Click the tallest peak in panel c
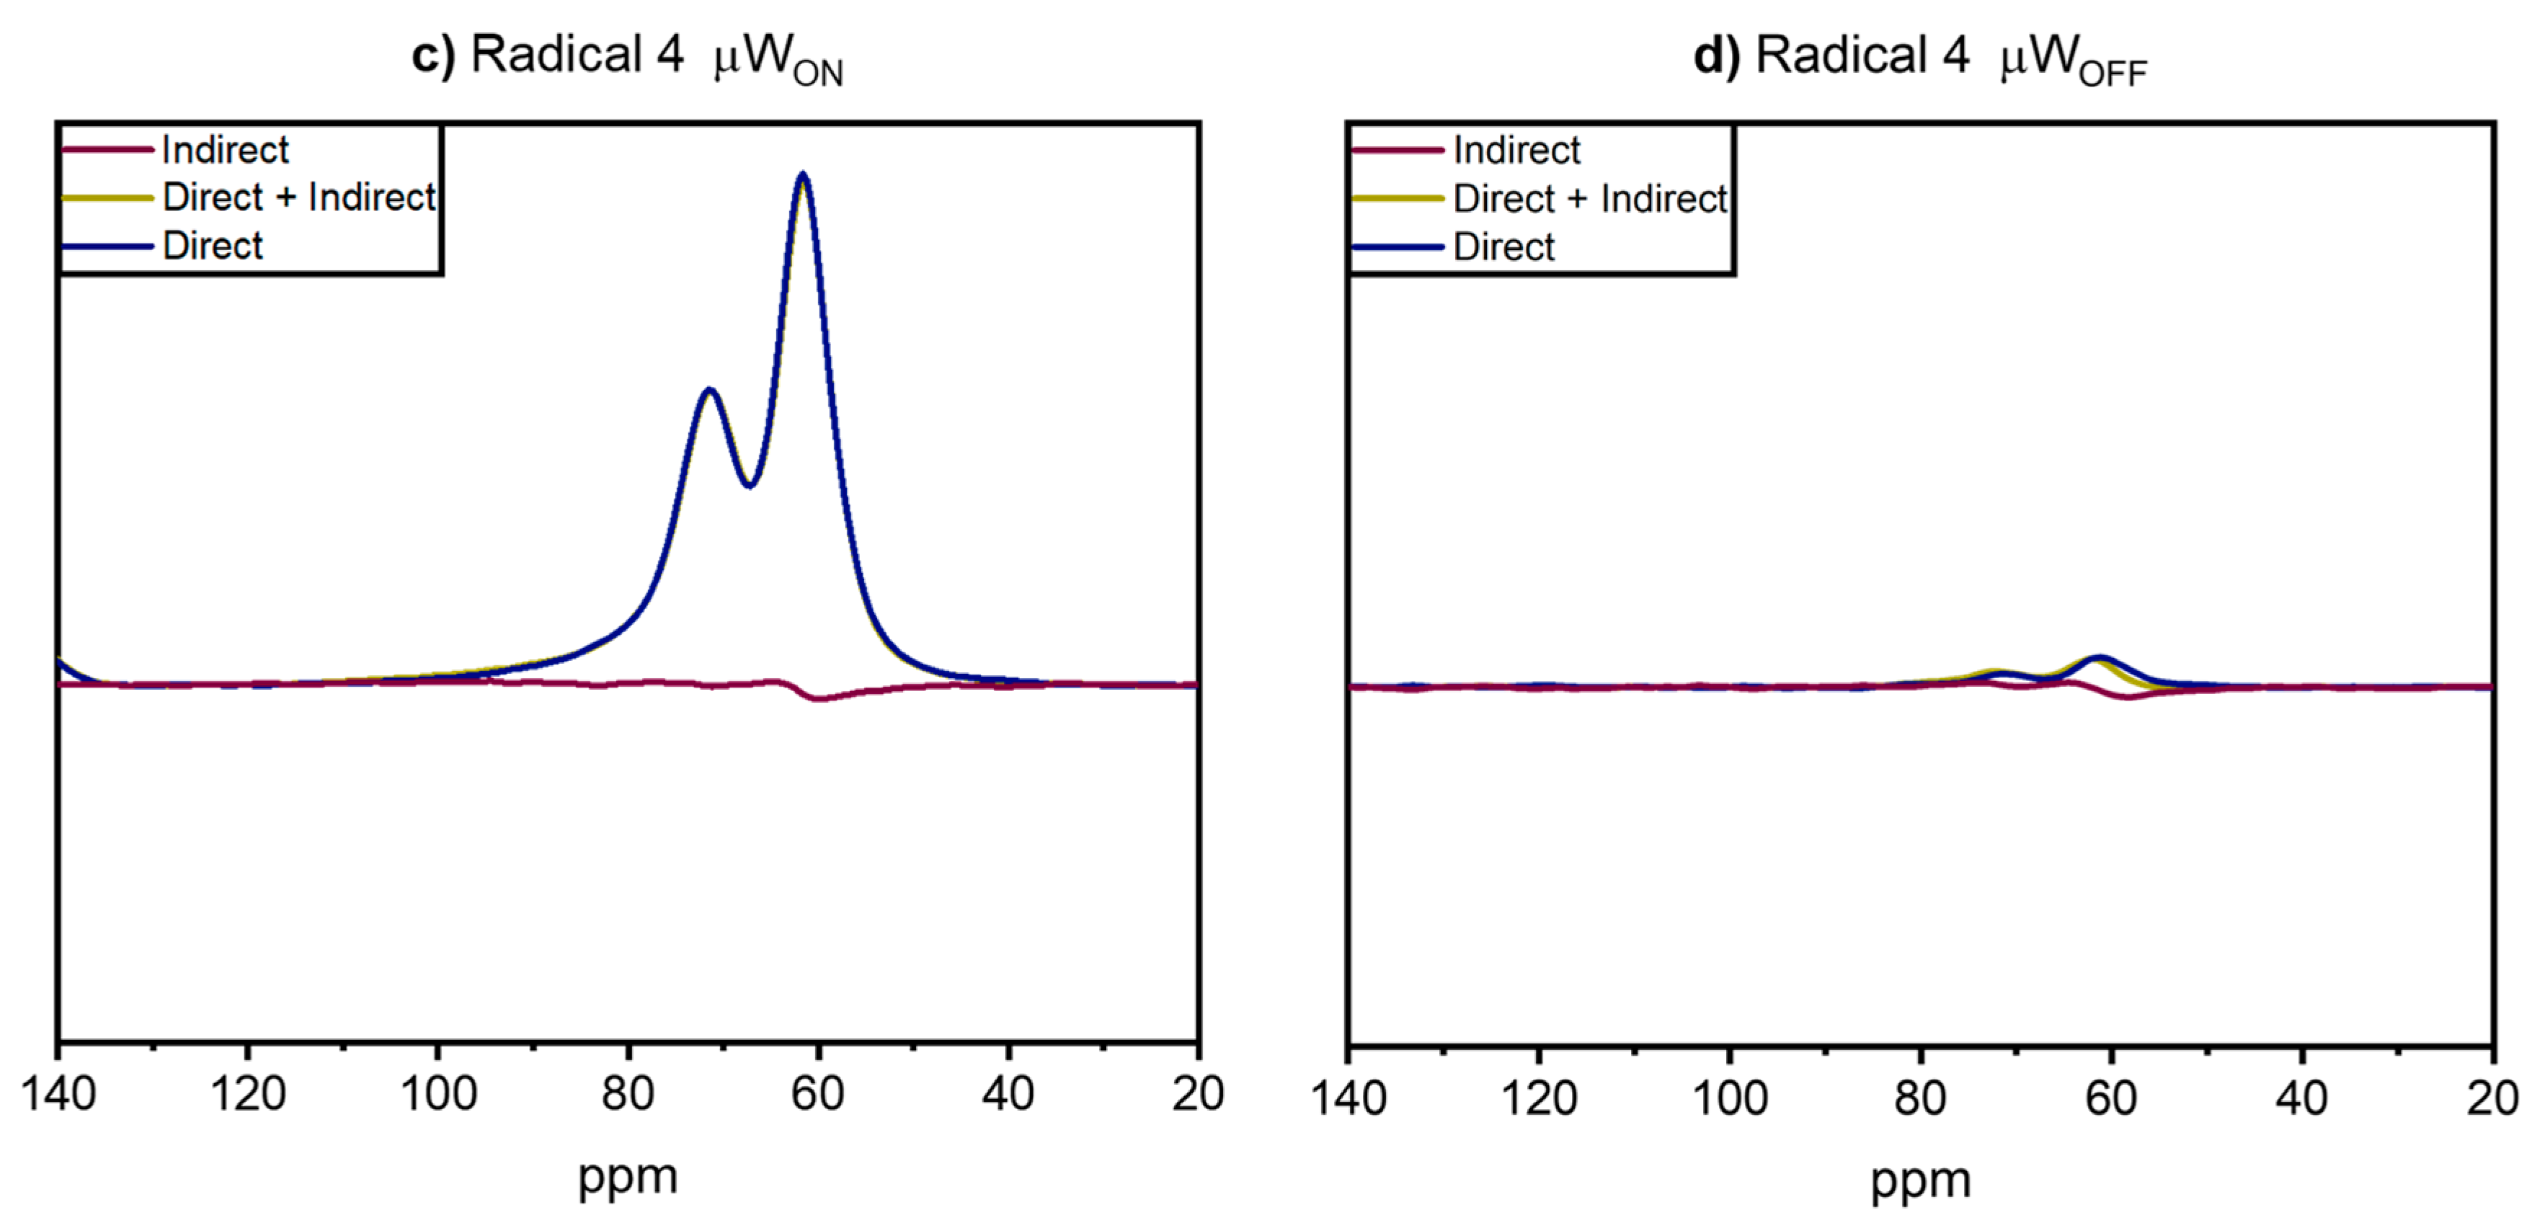[x=803, y=178]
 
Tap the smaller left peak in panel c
[x=708, y=392]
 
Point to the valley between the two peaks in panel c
[x=750, y=484]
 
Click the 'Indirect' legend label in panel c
[x=225, y=151]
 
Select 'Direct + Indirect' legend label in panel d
[x=1589, y=199]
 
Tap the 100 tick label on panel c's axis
[x=438, y=1094]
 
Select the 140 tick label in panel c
[x=59, y=1094]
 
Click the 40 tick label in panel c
[x=1008, y=1094]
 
